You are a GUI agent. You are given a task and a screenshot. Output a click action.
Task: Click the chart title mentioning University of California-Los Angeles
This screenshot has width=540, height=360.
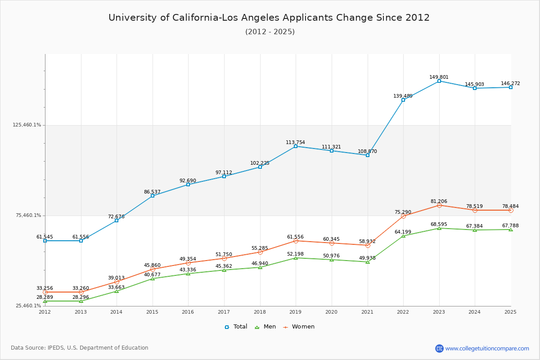[269, 18]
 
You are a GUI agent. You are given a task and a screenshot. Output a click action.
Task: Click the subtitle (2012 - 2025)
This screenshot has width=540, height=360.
[270, 32]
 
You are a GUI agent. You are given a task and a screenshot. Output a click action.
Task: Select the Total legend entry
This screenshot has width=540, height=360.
[236, 327]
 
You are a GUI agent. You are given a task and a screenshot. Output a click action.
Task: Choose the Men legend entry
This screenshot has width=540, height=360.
[265, 327]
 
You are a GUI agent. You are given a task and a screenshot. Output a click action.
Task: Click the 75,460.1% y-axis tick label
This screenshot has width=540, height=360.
[28, 216]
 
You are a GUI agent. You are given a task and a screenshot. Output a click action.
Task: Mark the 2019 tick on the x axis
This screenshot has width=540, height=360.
[296, 312]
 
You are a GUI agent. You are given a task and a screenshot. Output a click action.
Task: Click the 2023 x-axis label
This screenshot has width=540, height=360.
[439, 312]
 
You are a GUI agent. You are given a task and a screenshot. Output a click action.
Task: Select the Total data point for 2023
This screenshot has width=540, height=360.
[439, 81]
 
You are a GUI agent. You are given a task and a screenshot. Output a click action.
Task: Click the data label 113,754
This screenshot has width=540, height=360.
[295, 143]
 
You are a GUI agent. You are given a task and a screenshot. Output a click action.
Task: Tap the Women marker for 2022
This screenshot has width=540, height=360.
[403, 216]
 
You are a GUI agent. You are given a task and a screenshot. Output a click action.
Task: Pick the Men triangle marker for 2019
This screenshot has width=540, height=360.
[296, 258]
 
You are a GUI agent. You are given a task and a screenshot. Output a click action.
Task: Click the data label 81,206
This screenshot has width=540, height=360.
[439, 202]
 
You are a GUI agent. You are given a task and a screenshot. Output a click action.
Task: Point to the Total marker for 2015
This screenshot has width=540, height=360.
[153, 196]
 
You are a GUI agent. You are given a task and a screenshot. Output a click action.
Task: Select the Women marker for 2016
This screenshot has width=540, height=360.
[188, 263]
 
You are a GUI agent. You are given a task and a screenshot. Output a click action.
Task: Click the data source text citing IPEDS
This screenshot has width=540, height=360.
[80, 348]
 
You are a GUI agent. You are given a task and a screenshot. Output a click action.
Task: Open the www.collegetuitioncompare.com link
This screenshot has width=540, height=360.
[487, 348]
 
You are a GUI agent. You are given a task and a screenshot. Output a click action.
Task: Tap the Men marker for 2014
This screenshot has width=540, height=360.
[117, 291]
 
